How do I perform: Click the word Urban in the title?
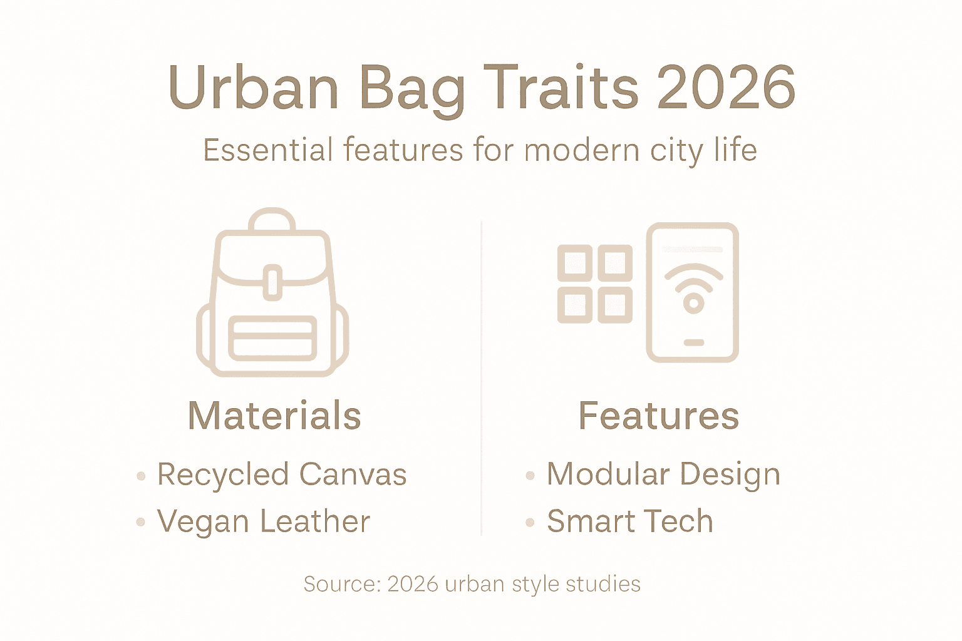[x=253, y=88]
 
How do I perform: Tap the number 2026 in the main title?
[x=726, y=88]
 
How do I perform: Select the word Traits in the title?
[x=561, y=88]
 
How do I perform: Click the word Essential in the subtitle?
[x=268, y=151]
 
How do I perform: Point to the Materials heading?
[x=274, y=416]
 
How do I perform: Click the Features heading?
[x=658, y=416]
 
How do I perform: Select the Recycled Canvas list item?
[x=282, y=474]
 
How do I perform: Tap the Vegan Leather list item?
[x=264, y=522]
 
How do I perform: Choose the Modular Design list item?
[x=663, y=474]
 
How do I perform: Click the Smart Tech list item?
[x=629, y=522]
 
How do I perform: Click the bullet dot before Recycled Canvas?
[x=141, y=476]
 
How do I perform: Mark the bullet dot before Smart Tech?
[x=530, y=523]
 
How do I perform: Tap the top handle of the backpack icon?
[x=272, y=218]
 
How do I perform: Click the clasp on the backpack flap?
[x=272, y=282]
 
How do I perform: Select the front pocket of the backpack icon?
[x=272, y=339]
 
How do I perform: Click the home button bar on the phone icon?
[x=693, y=343]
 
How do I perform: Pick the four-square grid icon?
[x=595, y=284]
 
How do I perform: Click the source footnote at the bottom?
[x=472, y=584]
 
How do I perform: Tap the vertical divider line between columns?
[x=481, y=376]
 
